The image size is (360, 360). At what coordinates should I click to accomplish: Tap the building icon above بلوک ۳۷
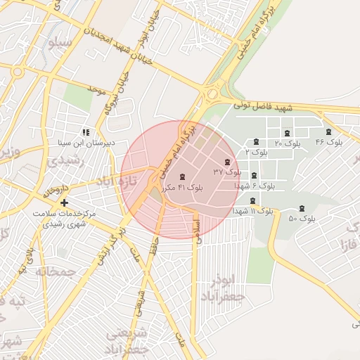coord(226,162)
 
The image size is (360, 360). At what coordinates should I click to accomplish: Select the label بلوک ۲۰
coord(287,143)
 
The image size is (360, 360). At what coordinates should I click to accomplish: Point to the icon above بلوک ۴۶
coord(328,132)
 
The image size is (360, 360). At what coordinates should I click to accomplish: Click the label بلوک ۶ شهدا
coord(253,186)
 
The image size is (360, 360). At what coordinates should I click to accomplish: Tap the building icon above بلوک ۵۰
coord(302,209)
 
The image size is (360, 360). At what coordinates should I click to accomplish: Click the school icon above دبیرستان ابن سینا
coord(85,132)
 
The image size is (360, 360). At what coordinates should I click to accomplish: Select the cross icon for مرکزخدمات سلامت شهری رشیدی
coord(65,203)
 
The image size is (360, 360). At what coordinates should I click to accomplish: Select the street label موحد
coord(96,89)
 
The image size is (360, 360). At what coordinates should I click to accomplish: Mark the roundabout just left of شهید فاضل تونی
coord(211,94)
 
